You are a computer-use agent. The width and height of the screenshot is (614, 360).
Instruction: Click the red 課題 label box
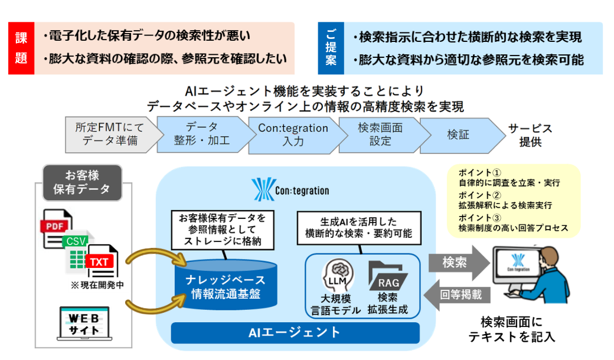[21, 48]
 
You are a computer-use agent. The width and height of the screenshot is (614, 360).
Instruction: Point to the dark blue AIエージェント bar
[295, 333]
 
